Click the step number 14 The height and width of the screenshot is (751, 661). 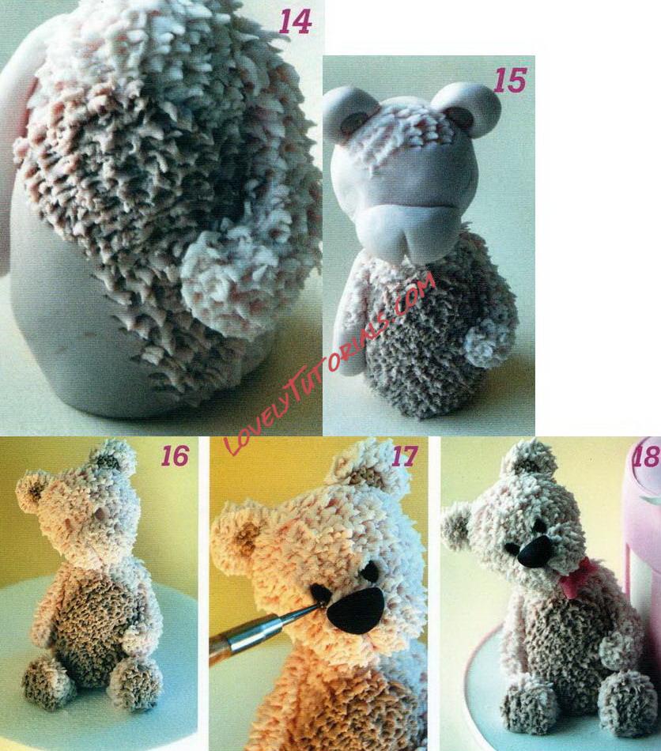[x=295, y=22]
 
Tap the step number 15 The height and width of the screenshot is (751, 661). [x=510, y=80]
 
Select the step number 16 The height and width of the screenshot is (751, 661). [x=175, y=456]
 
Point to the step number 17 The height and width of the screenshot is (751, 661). [x=404, y=456]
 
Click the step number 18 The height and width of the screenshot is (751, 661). [x=647, y=456]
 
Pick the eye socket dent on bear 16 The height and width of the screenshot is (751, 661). [x=99, y=515]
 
